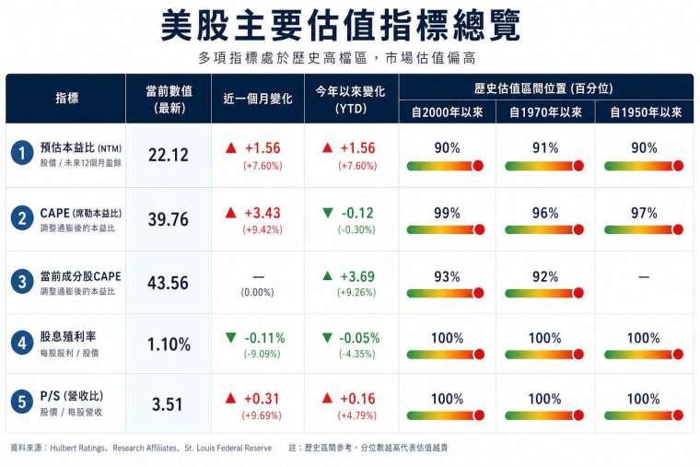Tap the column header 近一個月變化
coord(260,99)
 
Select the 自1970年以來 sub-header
coord(545,112)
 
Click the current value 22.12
coord(169,156)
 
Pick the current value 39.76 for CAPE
coord(169,219)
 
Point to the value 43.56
coord(169,283)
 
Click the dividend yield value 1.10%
coord(169,345)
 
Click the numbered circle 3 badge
coord(21,283)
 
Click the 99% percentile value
coord(447,213)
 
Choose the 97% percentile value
coord(644,213)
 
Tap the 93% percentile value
coord(447,276)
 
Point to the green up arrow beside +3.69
coord(327,275)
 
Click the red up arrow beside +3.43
coord(231,213)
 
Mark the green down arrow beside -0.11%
coord(231,338)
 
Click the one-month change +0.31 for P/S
coord(262,399)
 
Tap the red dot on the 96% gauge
coord(577,229)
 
